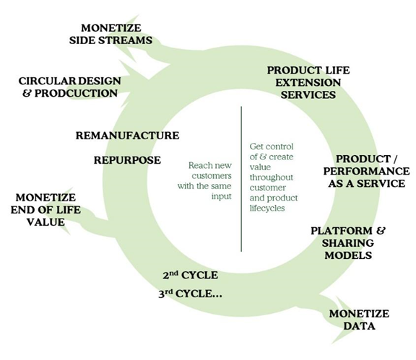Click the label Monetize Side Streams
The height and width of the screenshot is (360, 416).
(111, 34)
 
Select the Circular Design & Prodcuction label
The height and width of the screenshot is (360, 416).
(70, 87)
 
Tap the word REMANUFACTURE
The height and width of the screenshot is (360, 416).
(127, 136)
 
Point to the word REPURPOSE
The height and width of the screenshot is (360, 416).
(127, 160)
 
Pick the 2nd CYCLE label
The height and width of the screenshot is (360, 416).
(190, 275)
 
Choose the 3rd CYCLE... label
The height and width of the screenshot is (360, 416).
(190, 294)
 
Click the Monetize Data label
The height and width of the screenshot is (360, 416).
(359, 320)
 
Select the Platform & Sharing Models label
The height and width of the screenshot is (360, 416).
(348, 243)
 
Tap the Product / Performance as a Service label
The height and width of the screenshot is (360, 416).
(367, 171)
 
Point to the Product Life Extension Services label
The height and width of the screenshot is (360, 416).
(308, 82)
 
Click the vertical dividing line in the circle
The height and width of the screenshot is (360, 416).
(241, 179)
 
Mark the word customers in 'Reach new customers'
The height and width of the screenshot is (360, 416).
(212, 176)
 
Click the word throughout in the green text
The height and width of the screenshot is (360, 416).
(271, 177)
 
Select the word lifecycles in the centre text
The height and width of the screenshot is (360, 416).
(267, 208)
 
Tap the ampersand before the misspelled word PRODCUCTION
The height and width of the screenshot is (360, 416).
(27, 93)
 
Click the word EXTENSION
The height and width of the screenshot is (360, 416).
(308, 82)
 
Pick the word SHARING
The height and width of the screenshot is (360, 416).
(348, 243)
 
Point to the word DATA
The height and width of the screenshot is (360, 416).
(359, 326)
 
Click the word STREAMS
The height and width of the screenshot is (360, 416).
(126, 40)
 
